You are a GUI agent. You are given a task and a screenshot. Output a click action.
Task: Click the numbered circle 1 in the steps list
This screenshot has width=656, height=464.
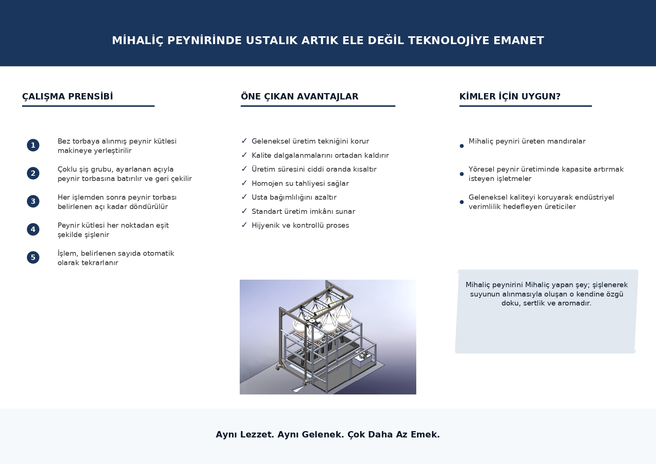33,145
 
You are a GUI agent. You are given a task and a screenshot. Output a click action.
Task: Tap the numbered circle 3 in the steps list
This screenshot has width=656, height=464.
33,201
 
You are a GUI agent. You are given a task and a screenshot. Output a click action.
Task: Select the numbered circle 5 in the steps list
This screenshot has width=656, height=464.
33,257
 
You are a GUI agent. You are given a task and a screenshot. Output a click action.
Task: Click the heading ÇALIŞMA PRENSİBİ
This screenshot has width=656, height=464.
67,96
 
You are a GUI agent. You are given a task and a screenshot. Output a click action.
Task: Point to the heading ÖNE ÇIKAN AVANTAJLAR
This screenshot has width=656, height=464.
299,96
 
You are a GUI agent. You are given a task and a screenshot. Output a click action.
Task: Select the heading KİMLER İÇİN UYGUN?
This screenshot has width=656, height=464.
510,96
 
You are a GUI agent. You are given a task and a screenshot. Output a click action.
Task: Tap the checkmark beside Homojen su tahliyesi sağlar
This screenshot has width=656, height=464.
244,183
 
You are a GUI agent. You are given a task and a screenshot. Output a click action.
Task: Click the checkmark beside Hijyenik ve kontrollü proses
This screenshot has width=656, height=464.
244,225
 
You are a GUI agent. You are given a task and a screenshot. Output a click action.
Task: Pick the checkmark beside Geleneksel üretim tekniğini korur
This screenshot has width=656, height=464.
244,141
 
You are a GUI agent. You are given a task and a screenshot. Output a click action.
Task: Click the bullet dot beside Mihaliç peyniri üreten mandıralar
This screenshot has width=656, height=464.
462,146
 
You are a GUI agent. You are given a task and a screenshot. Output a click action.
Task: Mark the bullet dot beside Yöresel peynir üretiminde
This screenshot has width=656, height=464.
462,174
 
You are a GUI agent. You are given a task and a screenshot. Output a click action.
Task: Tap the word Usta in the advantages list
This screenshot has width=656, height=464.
259,197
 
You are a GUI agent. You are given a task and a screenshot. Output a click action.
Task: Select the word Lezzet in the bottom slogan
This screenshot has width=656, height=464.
257,434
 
